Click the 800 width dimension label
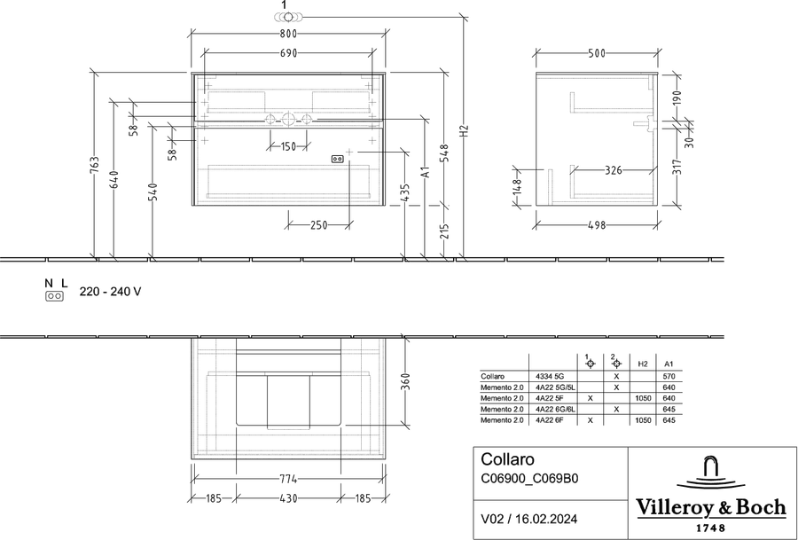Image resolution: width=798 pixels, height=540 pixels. [x=288, y=34]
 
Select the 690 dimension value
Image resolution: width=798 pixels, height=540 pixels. [x=288, y=53]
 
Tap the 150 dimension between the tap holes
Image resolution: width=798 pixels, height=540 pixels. [x=288, y=146]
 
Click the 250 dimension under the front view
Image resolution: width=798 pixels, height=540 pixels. [x=318, y=225]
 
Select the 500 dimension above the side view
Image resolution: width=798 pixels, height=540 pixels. [x=597, y=53]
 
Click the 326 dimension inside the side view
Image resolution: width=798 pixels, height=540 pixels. [x=614, y=170]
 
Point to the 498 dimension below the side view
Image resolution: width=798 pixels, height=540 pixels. [x=597, y=225]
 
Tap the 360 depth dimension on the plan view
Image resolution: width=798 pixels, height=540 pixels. [x=405, y=380]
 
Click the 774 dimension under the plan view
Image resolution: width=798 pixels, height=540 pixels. [x=288, y=479]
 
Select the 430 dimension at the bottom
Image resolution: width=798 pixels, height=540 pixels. [x=288, y=498]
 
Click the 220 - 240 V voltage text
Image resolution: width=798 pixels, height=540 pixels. [x=111, y=292]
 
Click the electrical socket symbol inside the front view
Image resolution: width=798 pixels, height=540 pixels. [x=338, y=159]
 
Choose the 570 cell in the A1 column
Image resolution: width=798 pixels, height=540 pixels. [x=669, y=377]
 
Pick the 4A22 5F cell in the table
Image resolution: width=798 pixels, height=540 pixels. [x=549, y=398]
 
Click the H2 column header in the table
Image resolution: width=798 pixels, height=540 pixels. [x=643, y=364]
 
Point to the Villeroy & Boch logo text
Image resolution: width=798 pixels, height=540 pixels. [x=711, y=508]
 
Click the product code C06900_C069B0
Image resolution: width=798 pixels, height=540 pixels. [x=529, y=479]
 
